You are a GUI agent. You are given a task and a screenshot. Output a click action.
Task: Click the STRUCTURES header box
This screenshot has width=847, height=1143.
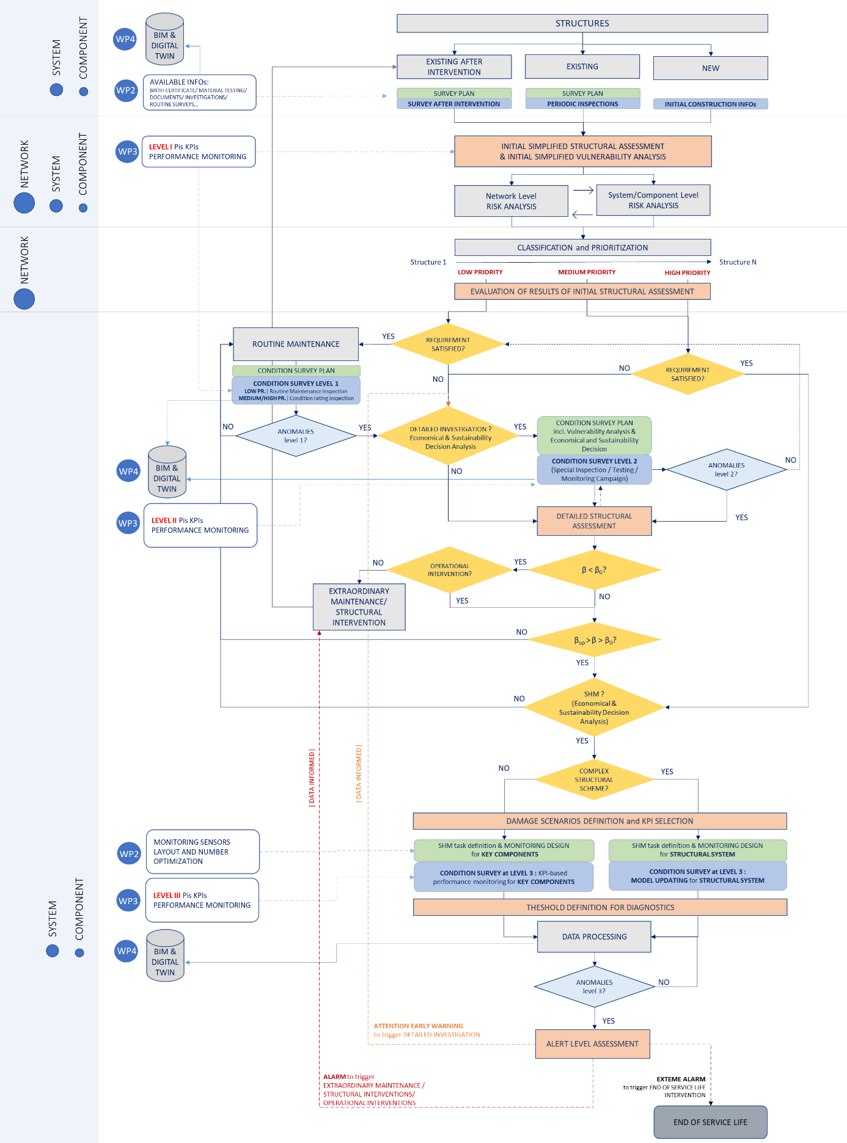click(582, 23)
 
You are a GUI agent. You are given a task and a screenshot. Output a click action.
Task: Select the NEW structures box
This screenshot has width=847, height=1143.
click(710, 68)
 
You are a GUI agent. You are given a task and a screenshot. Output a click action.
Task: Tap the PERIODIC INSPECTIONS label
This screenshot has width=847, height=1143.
click(582, 104)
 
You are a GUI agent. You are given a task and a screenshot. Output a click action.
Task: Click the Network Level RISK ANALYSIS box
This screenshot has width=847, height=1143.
click(511, 201)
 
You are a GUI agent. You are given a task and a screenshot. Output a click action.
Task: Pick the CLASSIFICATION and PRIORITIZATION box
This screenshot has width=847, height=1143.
click(582, 247)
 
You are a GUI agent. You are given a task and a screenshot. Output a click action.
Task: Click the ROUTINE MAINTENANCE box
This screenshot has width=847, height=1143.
click(296, 344)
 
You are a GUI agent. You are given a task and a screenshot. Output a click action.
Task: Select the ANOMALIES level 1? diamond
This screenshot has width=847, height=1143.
click(296, 436)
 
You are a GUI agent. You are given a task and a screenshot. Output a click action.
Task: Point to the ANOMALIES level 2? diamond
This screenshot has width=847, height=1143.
click(726, 469)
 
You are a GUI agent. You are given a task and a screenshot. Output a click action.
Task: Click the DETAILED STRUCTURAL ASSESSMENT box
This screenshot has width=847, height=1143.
click(594, 520)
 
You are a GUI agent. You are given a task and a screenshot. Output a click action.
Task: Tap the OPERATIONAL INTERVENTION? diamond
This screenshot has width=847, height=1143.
click(449, 569)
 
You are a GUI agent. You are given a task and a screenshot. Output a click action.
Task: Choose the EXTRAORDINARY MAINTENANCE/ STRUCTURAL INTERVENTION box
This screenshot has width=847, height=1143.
click(359, 607)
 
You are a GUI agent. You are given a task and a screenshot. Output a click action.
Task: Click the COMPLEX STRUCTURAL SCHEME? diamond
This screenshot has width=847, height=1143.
click(593, 780)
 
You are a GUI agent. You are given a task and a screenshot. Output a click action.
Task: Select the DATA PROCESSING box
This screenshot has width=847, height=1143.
click(594, 937)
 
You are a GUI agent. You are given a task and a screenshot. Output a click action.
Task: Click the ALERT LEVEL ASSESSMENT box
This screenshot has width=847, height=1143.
click(592, 1043)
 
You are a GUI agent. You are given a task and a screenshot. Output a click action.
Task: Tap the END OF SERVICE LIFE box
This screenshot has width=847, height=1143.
click(710, 1122)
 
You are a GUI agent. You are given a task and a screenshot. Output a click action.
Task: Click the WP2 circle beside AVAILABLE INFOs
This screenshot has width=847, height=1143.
click(126, 90)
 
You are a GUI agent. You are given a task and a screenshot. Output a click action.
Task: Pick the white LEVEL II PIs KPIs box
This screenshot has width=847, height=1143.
click(200, 525)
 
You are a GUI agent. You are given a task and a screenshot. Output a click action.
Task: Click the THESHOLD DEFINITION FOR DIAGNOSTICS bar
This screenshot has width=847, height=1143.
click(600, 907)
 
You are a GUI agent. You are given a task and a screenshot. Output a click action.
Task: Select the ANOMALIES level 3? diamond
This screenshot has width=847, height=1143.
click(594, 987)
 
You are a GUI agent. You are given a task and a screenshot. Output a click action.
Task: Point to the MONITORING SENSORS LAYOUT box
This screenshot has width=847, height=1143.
click(203, 851)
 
